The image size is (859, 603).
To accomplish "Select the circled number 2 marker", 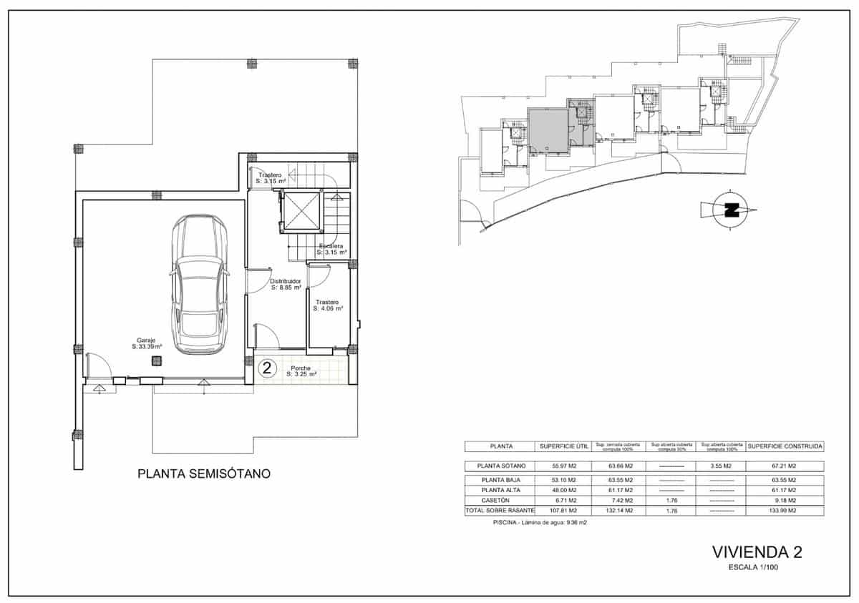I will tap(267, 368).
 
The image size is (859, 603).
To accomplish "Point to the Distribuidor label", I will tap(285, 285).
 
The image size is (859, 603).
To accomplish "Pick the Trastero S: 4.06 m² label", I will tap(329, 305).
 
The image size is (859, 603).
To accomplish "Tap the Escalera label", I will tap(332, 249).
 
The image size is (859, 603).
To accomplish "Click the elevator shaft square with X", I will tap(301, 211).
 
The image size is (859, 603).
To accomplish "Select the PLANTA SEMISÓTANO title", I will tap(203, 474).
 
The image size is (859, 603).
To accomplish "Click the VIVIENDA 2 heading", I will tap(757, 552).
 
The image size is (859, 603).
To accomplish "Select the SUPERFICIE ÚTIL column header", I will tap(564, 446).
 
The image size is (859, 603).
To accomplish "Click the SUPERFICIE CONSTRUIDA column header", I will tap(785, 446).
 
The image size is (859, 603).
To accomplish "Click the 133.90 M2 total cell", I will tap(785, 511).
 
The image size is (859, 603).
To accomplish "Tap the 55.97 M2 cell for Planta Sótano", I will tap(564, 466).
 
